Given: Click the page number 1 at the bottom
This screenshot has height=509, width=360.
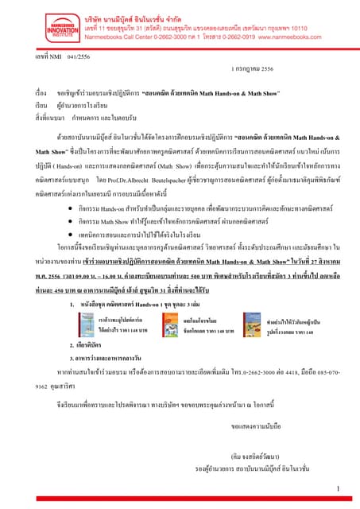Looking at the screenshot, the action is [339, 488].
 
